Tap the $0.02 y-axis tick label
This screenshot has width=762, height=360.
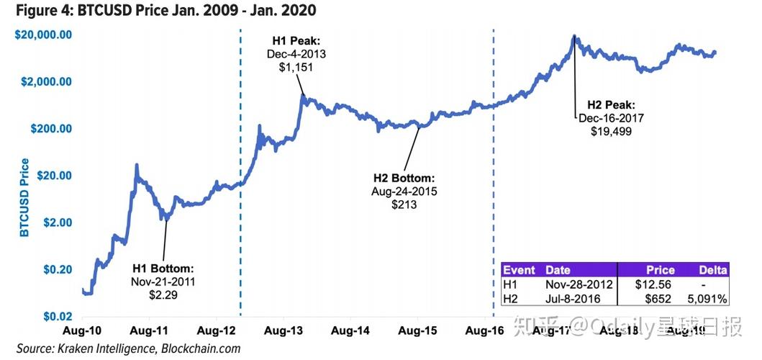click(54, 316)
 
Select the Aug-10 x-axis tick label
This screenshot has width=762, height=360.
click(82, 330)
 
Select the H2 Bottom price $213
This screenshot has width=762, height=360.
click(404, 204)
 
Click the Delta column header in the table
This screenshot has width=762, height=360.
click(713, 270)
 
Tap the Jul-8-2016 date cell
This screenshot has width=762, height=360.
click(571, 298)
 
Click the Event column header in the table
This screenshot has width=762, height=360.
click(519, 270)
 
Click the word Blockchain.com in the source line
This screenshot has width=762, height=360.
click(201, 348)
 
